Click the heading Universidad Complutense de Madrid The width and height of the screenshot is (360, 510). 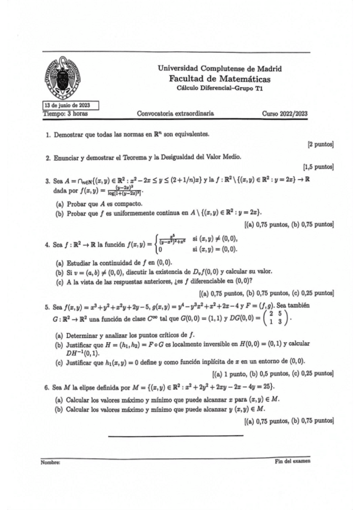219,69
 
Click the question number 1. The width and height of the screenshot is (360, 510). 48,136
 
